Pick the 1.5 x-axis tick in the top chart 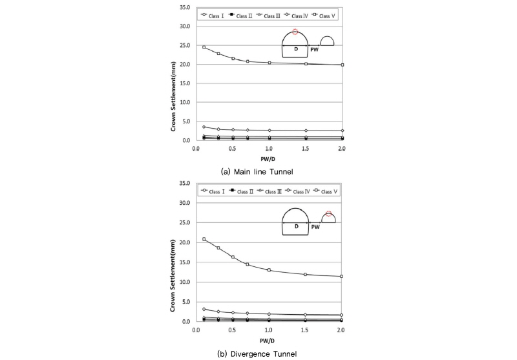[x=306, y=148]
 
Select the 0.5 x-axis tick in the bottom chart [x=233, y=329]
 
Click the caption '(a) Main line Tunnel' [x=258, y=171]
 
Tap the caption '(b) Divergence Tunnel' [x=259, y=353]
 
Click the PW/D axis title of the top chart [x=269, y=158]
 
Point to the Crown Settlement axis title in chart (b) [x=174, y=253]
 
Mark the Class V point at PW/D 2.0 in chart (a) [x=343, y=65]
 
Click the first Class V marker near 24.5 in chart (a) [x=204, y=47]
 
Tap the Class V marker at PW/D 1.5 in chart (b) [x=306, y=275]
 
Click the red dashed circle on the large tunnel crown [x=295, y=32]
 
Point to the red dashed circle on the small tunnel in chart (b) [x=328, y=214]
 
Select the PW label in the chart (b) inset [x=315, y=227]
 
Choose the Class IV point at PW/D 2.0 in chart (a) [x=343, y=131]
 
